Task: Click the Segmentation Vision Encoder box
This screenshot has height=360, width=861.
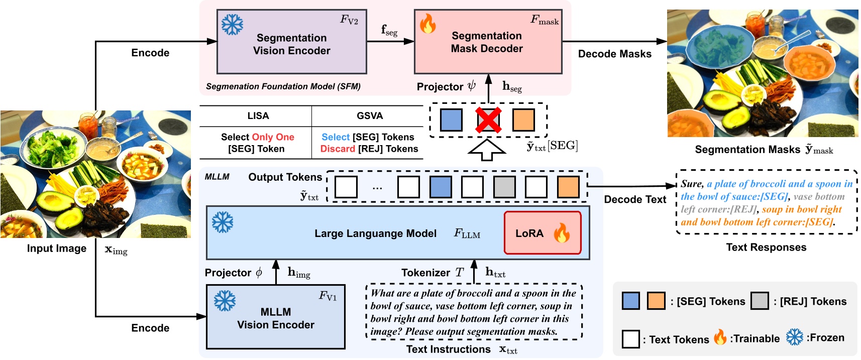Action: click(x=291, y=42)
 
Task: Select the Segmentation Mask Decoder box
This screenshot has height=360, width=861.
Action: click(x=487, y=42)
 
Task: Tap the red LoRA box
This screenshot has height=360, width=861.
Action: click(x=543, y=233)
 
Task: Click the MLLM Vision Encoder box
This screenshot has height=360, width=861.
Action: click(x=275, y=317)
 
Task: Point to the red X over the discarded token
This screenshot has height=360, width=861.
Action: click(x=488, y=120)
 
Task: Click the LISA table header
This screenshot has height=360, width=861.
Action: click(x=258, y=116)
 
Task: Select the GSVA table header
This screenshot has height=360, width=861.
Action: click(x=370, y=116)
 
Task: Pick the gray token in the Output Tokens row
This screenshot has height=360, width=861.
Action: click(x=504, y=187)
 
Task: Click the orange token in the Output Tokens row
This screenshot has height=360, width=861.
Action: click(x=568, y=187)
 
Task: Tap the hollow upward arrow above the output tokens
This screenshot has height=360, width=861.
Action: click(x=486, y=150)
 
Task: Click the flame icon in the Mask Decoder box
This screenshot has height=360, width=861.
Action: click(x=427, y=23)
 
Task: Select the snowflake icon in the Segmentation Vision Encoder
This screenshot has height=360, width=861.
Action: click(x=232, y=24)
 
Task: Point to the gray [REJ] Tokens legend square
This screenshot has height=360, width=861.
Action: click(x=760, y=301)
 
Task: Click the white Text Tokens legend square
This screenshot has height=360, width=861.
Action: click(x=630, y=339)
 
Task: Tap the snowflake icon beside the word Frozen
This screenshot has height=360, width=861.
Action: click(x=794, y=337)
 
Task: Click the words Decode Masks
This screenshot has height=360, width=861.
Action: click(x=614, y=54)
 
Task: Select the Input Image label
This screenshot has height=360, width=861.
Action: click(x=56, y=249)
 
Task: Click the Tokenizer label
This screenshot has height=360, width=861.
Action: click(x=425, y=273)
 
